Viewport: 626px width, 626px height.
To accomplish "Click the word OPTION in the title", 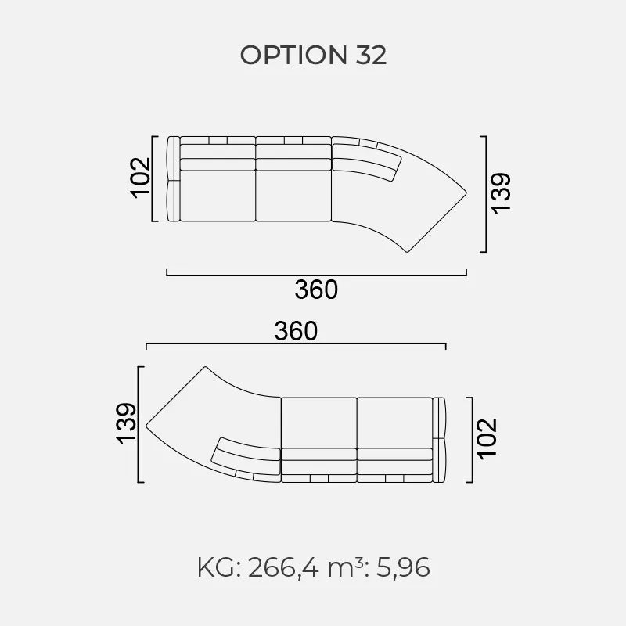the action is point(293,55).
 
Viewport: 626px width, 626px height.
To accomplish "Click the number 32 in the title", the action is point(371,55).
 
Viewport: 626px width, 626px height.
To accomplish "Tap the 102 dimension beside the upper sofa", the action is point(141,178).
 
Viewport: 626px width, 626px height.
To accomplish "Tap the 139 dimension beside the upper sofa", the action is point(500,193).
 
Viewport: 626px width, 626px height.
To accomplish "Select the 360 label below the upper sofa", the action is point(316,290).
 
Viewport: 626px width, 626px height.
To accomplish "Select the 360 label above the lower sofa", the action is point(296,331).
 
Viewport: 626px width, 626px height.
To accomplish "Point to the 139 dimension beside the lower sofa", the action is point(126,423).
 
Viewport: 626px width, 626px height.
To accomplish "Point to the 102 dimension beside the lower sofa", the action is point(487,439).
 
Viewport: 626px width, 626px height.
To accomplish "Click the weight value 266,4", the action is point(283,568).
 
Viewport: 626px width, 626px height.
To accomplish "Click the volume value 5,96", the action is point(403,568).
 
